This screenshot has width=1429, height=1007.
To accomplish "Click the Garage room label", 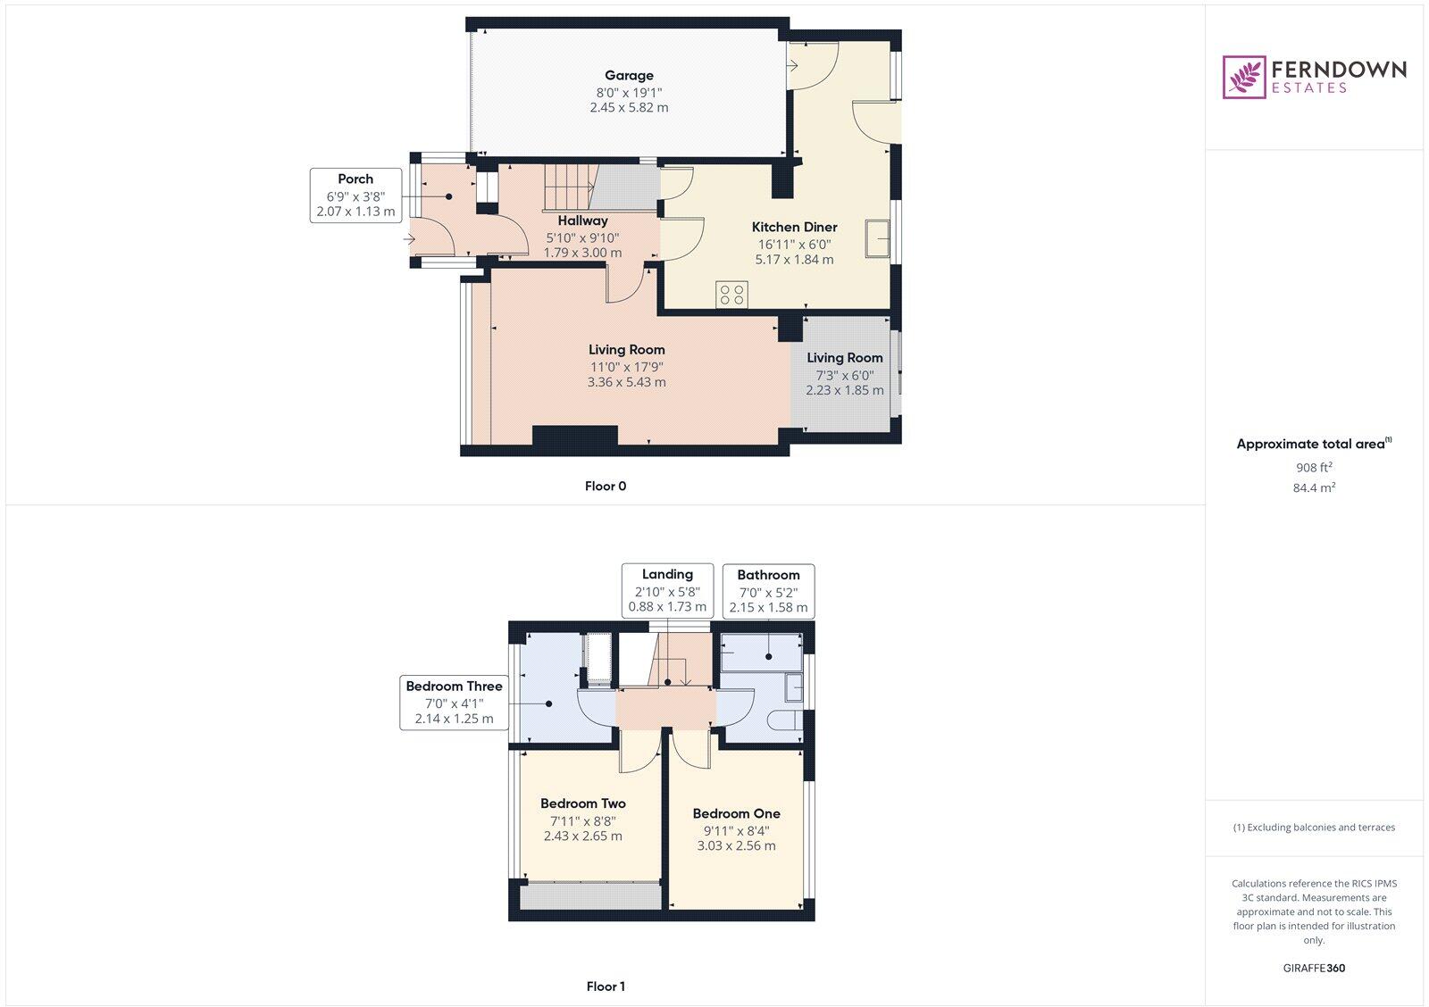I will tap(629, 76).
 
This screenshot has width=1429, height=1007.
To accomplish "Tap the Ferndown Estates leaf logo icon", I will tap(1243, 77).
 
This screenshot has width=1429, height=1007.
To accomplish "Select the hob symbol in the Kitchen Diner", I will tap(731, 295).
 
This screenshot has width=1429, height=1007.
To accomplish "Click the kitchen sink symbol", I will tap(877, 238).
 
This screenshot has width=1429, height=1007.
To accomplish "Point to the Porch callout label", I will tap(355, 179).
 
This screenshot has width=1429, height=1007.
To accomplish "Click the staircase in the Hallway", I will tap(569, 187).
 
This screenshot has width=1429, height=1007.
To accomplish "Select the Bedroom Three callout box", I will tap(454, 703).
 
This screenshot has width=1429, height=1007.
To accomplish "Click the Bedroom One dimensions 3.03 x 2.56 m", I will tap(736, 845).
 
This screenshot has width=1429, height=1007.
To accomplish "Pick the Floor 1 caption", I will tap(606, 986).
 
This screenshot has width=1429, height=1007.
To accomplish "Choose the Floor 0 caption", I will tap(606, 487).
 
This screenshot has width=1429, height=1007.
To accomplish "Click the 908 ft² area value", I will tap(1314, 467).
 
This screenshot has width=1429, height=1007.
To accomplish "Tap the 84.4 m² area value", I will tap(1315, 487).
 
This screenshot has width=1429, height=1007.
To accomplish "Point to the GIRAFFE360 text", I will tap(1314, 968).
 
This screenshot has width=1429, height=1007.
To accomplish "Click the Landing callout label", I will tap(667, 575).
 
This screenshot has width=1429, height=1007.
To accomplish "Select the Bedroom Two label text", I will tap(582, 803).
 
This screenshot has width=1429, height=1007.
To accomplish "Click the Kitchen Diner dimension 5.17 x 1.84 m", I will tap(794, 260).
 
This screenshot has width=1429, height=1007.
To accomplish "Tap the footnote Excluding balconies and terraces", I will tap(1314, 828).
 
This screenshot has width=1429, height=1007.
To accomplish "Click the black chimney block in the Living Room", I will tap(574, 435).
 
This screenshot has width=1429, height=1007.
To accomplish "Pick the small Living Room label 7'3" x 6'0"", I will tap(844, 376).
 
